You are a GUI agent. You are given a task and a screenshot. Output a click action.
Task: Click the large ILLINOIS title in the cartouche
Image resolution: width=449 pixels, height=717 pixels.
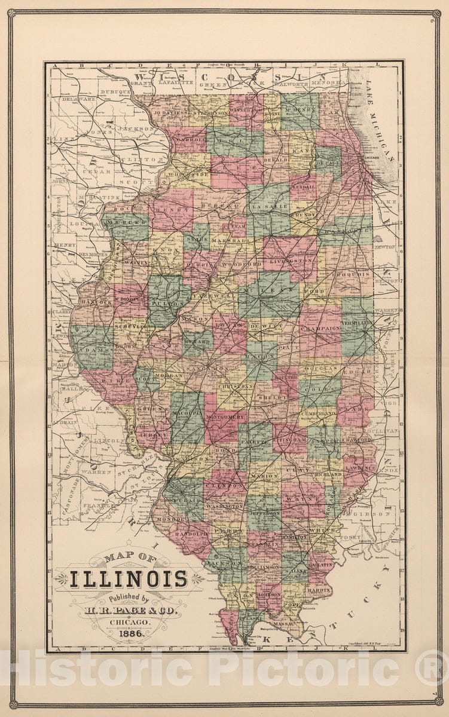pos(129,578)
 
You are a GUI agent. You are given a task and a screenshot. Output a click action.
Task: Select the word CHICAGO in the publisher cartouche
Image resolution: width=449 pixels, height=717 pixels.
pos(130,622)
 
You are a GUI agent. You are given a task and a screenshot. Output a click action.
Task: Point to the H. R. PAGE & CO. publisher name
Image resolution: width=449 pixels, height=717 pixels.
pos(129,610)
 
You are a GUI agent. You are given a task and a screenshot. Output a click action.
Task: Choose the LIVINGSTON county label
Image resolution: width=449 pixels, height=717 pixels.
pos(291,261)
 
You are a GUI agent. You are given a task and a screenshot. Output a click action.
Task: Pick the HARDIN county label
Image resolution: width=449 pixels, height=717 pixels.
pos(320,590)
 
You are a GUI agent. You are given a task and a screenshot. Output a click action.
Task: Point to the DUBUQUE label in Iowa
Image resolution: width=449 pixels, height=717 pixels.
pos(116,92)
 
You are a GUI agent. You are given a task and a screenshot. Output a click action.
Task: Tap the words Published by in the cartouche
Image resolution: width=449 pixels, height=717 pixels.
pos(130,597)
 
